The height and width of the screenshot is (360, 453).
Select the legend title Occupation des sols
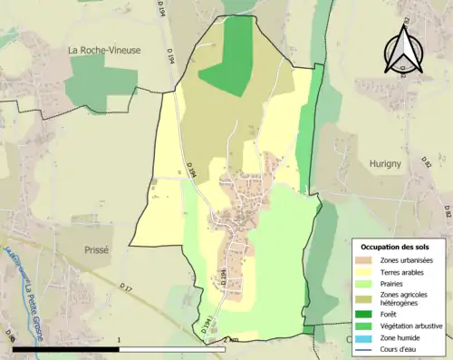point(397,247)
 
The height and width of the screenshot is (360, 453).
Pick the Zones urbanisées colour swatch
point(368,261)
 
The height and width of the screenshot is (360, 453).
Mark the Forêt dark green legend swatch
point(368,316)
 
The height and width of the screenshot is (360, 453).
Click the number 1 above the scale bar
point(120,341)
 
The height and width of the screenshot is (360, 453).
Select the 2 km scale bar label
point(230,341)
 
